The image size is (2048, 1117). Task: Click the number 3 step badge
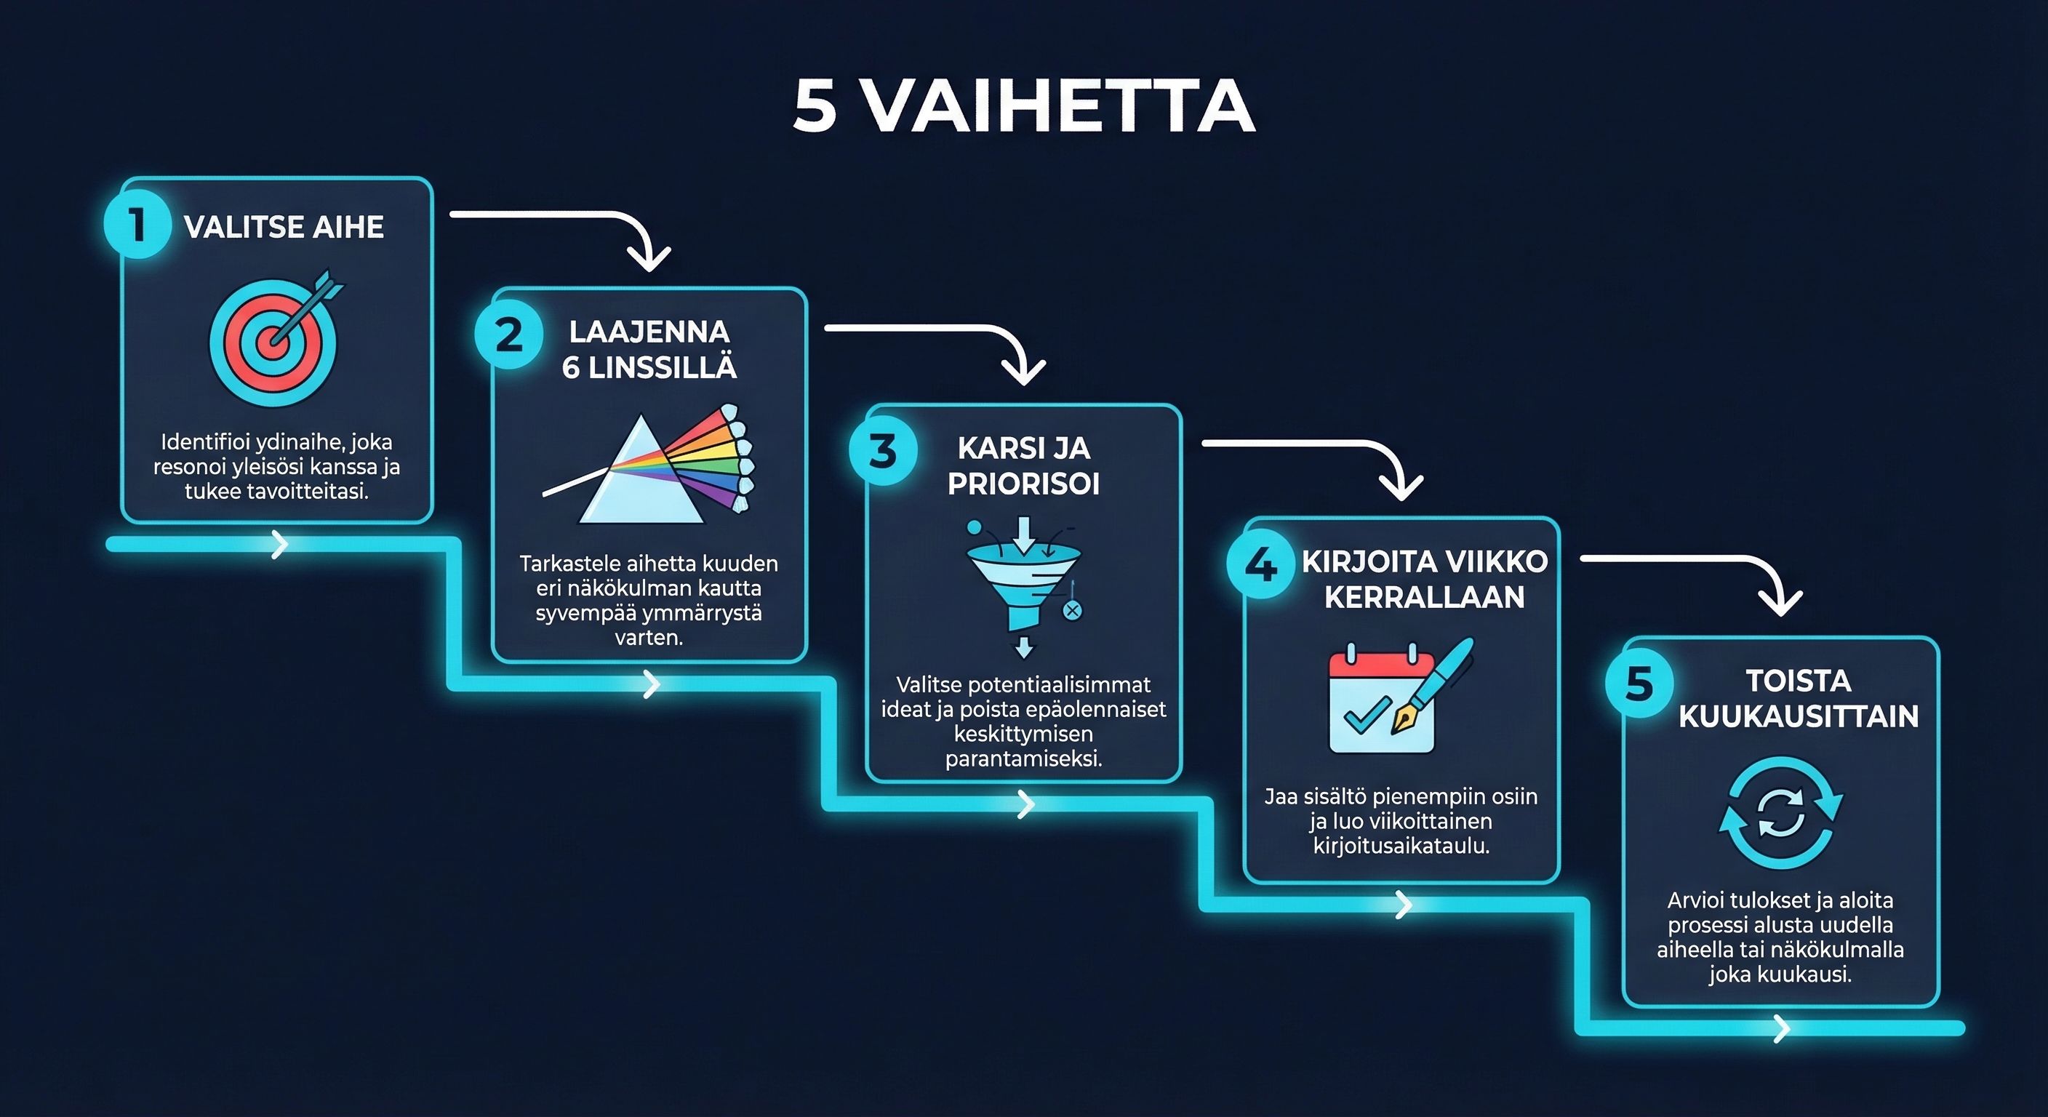(x=882, y=452)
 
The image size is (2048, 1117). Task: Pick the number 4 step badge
(x=1260, y=565)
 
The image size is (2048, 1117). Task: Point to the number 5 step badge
(x=1639, y=683)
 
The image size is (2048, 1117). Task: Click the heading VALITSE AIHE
(x=284, y=228)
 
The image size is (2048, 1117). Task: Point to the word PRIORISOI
(x=1023, y=484)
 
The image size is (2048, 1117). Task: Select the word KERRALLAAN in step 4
(x=1424, y=598)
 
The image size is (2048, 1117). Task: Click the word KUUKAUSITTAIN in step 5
(x=1799, y=716)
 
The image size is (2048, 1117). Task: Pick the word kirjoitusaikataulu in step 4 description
(x=1401, y=846)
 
